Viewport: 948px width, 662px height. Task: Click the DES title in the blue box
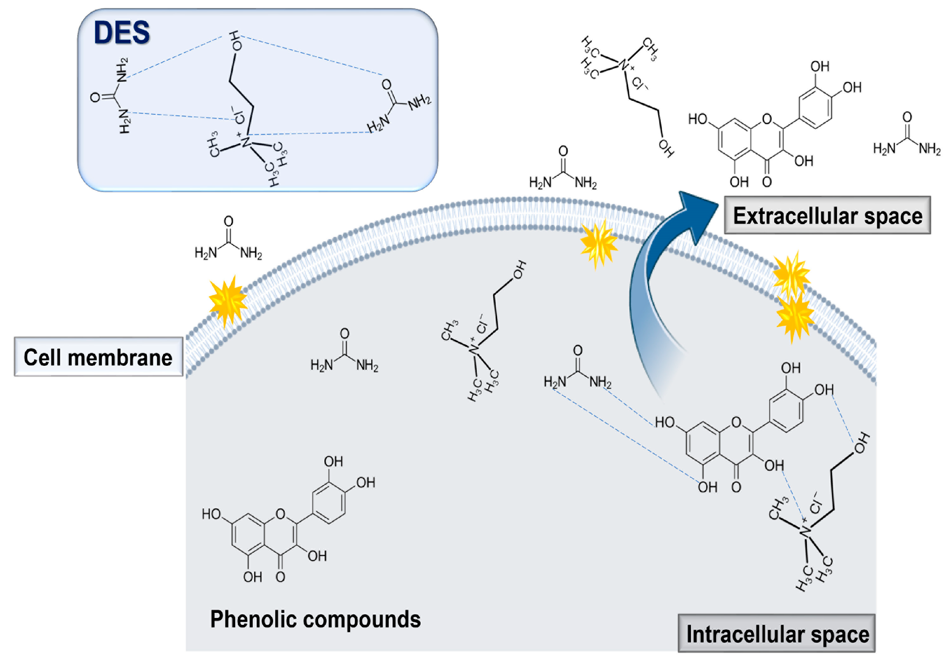pos(122,33)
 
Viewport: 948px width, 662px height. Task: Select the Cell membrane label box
pos(98,357)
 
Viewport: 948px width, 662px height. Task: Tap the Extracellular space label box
pos(827,216)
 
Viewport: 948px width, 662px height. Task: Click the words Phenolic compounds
pos(315,619)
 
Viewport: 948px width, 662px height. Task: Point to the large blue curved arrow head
pos(698,215)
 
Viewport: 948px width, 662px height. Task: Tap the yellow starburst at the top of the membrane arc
pos(599,244)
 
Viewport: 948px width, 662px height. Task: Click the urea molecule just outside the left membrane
pos(228,240)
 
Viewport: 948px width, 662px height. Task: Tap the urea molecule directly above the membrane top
pos(563,170)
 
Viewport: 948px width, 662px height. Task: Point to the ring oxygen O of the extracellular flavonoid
pos(767,119)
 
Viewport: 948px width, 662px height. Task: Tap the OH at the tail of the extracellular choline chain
pos(666,148)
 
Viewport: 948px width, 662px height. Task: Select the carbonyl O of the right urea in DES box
pos(387,85)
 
